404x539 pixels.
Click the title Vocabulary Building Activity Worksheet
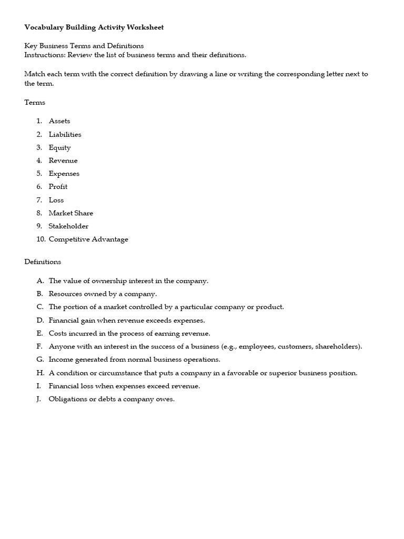click(94, 27)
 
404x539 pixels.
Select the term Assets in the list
click(59, 121)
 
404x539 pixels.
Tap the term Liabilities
click(65, 134)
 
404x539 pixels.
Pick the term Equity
click(60, 147)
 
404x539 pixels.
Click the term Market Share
click(71, 213)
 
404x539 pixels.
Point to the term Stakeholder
click(69, 226)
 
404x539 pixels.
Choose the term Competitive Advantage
click(88, 239)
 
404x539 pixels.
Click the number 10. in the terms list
click(40, 239)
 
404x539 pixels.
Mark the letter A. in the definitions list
click(39, 281)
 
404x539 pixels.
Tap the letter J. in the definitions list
click(39, 399)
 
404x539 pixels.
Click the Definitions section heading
click(43, 262)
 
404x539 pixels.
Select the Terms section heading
click(35, 103)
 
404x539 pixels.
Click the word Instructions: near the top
click(45, 55)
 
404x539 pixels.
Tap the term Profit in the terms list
click(58, 187)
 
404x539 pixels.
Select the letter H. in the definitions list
click(39, 373)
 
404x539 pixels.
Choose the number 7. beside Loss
click(39, 200)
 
